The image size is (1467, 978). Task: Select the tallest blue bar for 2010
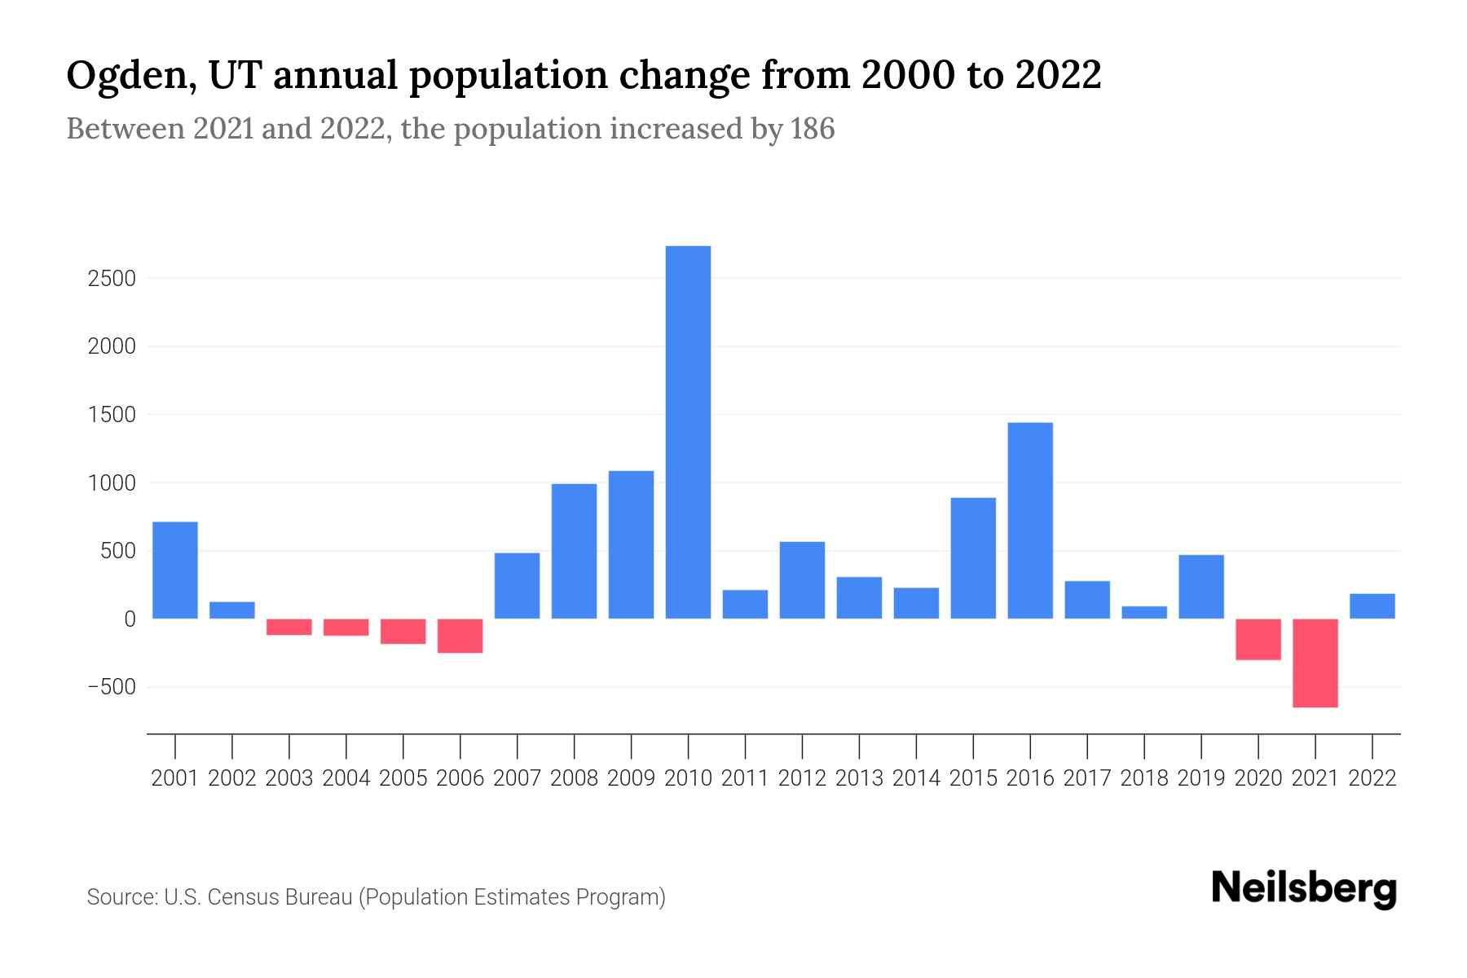pyautogui.click(x=688, y=432)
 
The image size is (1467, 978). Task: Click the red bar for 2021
pyautogui.click(x=1315, y=663)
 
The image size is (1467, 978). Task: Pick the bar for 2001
pyautogui.click(x=175, y=570)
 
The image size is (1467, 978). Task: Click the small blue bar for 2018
pyautogui.click(x=1144, y=612)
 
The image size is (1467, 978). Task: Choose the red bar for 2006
pyautogui.click(x=460, y=636)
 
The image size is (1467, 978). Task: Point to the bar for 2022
pyautogui.click(x=1372, y=606)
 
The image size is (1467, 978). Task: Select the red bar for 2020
pyautogui.click(x=1258, y=639)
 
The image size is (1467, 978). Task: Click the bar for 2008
pyautogui.click(x=574, y=551)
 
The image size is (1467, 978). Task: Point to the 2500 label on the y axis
pyautogui.click(x=111, y=279)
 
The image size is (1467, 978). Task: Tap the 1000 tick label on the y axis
pyautogui.click(x=111, y=483)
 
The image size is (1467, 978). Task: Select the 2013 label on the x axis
pyautogui.click(x=859, y=778)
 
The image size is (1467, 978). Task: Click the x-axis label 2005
pyautogui.click(x=403, y=778)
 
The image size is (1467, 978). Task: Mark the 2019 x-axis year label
pyautogui.click(x=1201, y=778)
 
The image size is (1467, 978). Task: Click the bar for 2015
pyautogui.click(x=973, y=557)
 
